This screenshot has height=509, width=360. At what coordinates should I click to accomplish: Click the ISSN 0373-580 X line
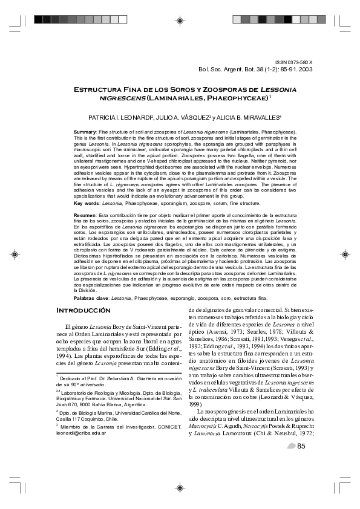pyautogui.click(x=294, y=62)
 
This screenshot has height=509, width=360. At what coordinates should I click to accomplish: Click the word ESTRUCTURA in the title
pyautogui.click(x=98, y=89)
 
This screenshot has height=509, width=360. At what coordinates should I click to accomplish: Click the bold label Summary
pyautogui.click(x=84, y=131)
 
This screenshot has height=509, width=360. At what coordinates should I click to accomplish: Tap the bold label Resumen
pyautogui.click(x=85, y=215)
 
